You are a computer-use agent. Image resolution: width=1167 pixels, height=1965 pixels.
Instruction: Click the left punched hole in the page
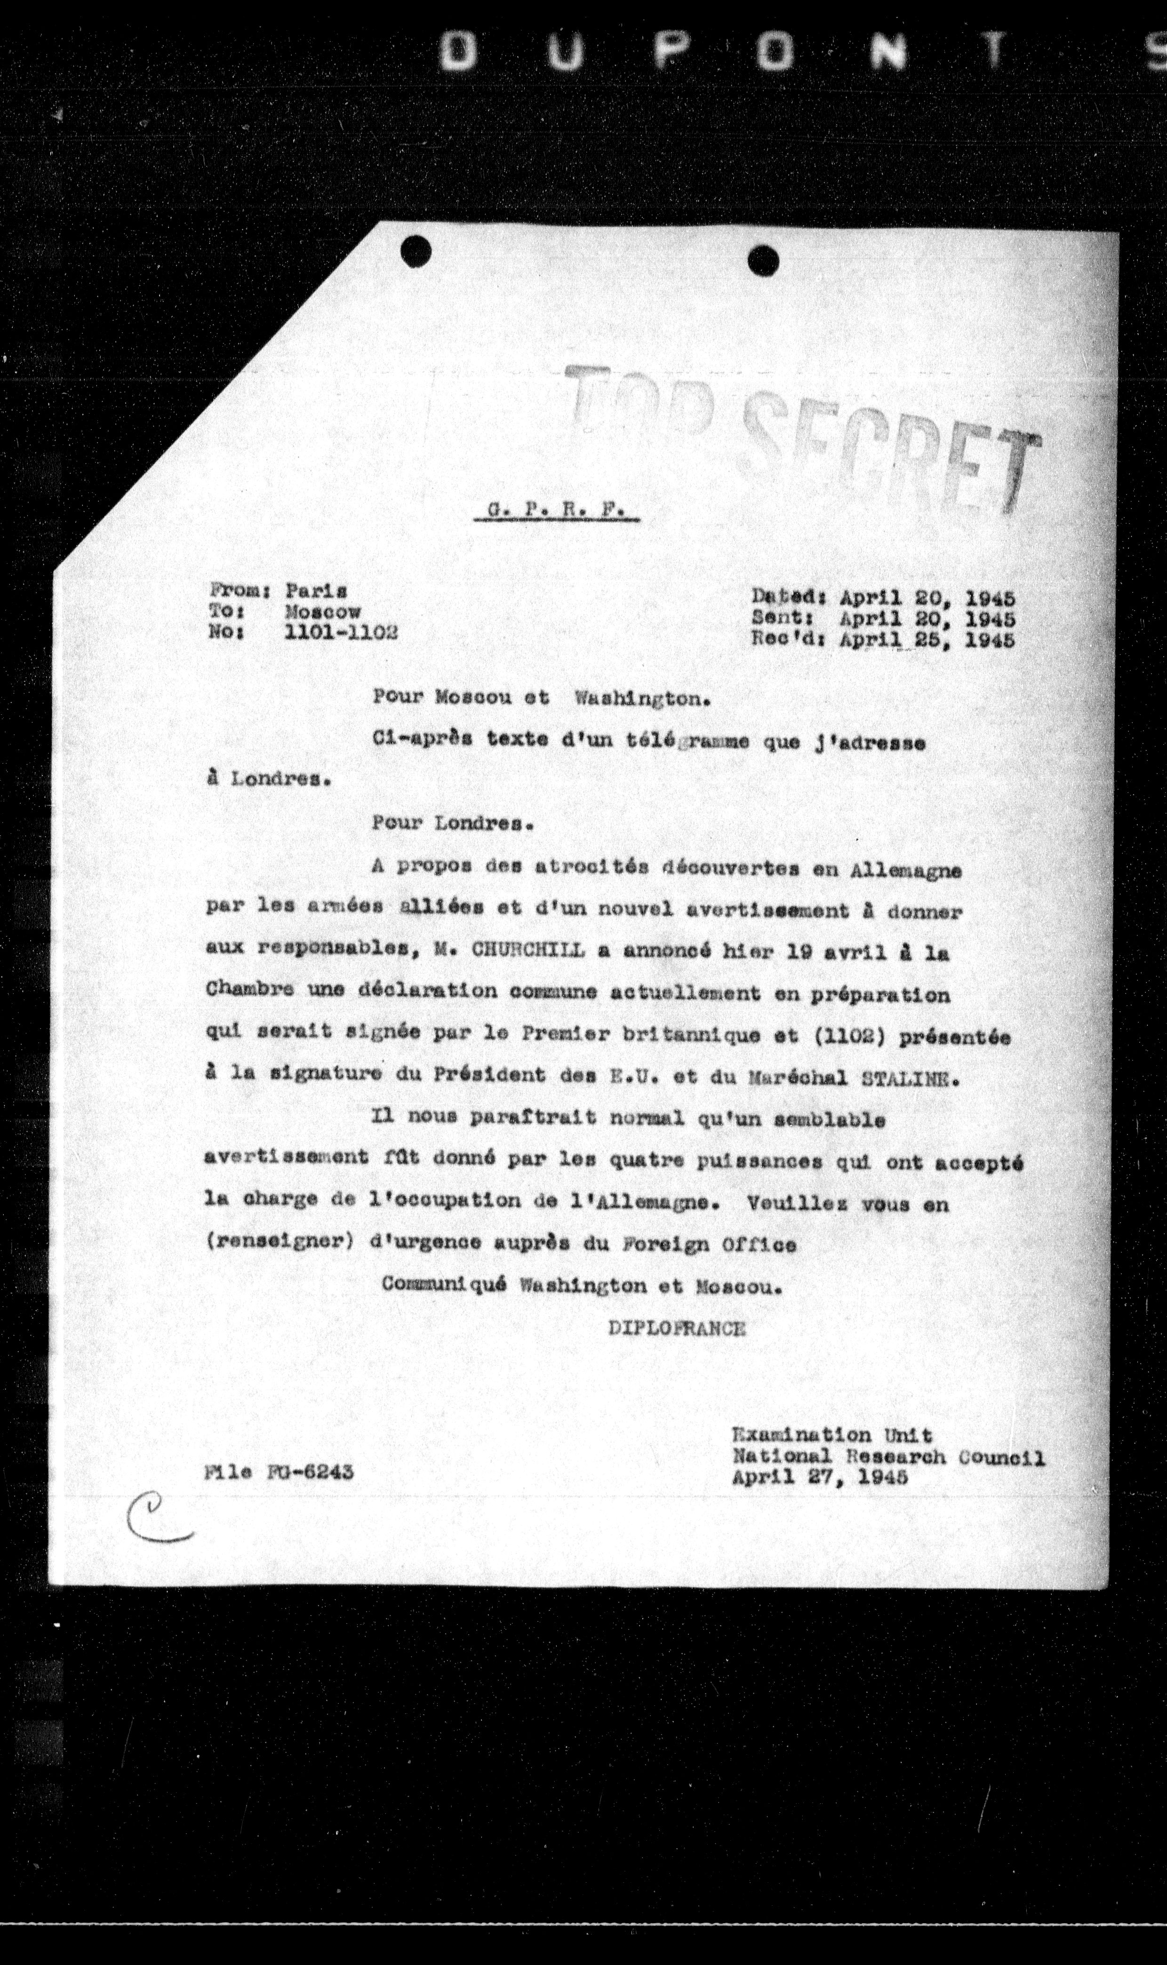coord(415,252)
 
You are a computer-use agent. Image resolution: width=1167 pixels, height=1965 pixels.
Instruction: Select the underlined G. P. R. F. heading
coord(557,511)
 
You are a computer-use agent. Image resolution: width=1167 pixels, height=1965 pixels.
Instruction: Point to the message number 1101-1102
coord(341,632)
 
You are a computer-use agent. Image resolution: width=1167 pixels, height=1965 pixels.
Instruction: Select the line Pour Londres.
coord(454,823)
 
